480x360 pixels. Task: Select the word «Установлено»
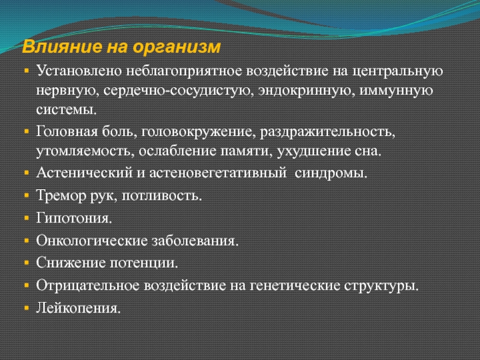click(79, 71)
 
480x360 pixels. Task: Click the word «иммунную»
click(396, 91)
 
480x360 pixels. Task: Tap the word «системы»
click(66, 110)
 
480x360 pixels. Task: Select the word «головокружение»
click(199, 133)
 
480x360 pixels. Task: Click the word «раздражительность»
click(328, 133)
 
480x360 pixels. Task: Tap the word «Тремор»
click(61, 196)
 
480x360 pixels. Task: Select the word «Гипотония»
click(74, 218)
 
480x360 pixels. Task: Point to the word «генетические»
click(295, 286)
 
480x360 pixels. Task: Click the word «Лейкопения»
click(78, 308)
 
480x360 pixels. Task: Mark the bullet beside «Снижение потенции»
click(26, 263)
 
